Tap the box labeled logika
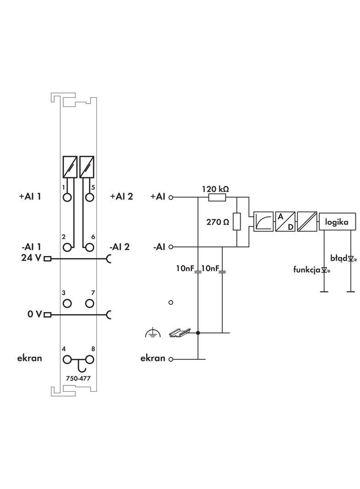(x=337, y=222)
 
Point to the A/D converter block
(x=285, y=222)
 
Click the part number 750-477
(x=79, y=379)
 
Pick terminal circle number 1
(x=67, y=198)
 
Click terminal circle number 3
(x=67, y=303)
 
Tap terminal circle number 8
(x=90, y=360)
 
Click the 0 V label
(x=34, y=314)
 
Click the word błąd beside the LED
(x=339, y=258)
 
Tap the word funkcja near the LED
(x=307, y=269)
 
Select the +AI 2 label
(x=121, y=197)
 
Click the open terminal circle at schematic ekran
(x=171, y=359)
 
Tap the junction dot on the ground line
(x=198, y=333)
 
